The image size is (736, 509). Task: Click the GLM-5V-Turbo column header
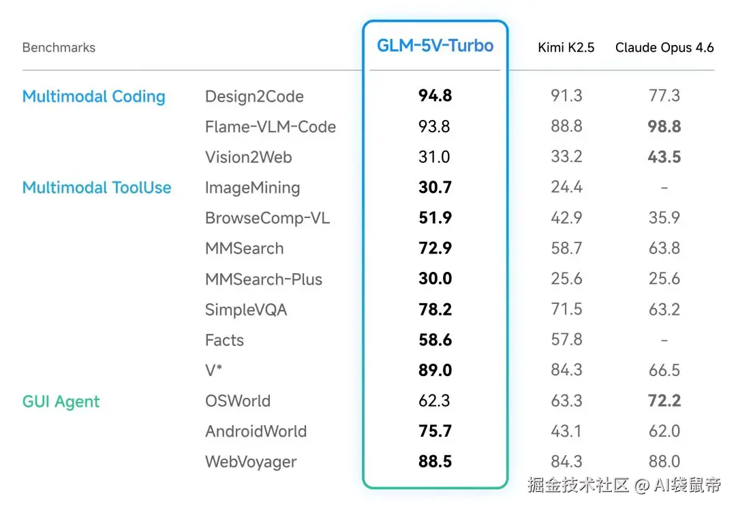pos(435,46)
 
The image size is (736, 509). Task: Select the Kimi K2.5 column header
pos(566,48)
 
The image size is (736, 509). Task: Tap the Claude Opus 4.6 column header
pos(664,48)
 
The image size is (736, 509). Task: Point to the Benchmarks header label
pos(59,48)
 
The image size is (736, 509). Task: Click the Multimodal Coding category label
pos(94,97)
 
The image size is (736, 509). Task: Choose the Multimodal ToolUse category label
pos(97,188)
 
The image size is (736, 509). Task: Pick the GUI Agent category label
pos(61,401)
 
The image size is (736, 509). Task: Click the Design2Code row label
pos(254,97)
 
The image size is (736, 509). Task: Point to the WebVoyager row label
pos(251,462)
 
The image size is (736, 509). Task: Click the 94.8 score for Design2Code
pos(435,96)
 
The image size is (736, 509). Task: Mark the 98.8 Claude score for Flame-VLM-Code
pos(664,127)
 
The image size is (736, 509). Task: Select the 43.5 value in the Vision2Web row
pos(664,157)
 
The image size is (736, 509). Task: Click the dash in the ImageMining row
pos(664,188)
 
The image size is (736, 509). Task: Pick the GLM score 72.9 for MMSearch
pos(435,249)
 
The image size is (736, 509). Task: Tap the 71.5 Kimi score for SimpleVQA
pos(566,309)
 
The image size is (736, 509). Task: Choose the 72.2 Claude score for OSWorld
pos(664,401)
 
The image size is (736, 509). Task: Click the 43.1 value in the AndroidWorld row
pos(566,431)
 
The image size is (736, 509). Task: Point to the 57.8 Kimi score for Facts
pos(566,340)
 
